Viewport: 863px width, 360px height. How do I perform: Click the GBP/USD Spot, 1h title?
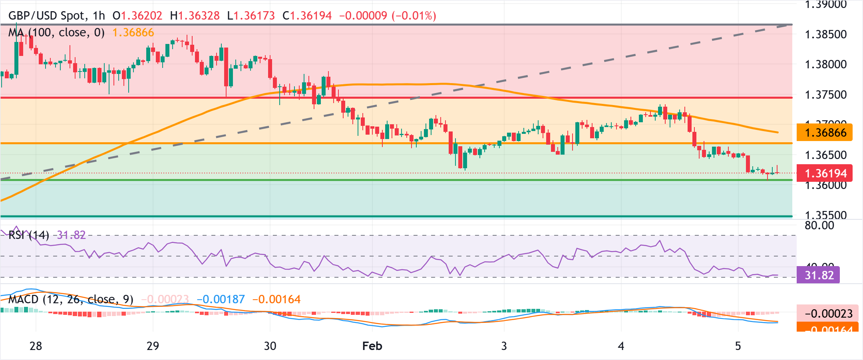[x=56, y=16]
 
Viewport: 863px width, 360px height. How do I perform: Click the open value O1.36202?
[x=137, y=16]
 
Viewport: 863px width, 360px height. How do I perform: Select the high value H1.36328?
[x=195, y=16]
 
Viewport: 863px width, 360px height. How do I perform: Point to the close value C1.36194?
[x=307, y=16]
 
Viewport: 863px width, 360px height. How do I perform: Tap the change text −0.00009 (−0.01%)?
[x=388, y=16]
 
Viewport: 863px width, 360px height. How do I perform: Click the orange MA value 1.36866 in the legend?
[x=133, y=32]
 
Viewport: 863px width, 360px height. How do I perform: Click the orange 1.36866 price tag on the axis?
[x=824, y=133]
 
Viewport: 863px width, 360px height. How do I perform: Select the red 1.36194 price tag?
[x=824, y=173]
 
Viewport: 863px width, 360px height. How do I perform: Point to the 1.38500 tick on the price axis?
[x=825, y=34]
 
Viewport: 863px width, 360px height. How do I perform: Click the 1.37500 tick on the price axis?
[x=825, y=95]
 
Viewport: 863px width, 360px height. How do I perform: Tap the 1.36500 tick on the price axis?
[x=825, y=155]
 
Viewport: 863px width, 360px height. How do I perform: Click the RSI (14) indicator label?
[x=28, y=235]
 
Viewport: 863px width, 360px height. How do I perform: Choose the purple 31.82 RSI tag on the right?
[x=818, y=275]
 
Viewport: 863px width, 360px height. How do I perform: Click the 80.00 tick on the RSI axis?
[x=819, y=225]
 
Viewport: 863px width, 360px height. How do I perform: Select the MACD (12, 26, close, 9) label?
[x=71, y=299]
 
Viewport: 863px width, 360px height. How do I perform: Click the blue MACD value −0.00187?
[x=221, y=299]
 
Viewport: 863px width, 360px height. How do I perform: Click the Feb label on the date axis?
[x=372, y=346]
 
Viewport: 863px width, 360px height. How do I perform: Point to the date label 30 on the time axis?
[x=270, y=346]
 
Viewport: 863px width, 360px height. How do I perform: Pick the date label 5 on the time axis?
[x=738, y=346]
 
